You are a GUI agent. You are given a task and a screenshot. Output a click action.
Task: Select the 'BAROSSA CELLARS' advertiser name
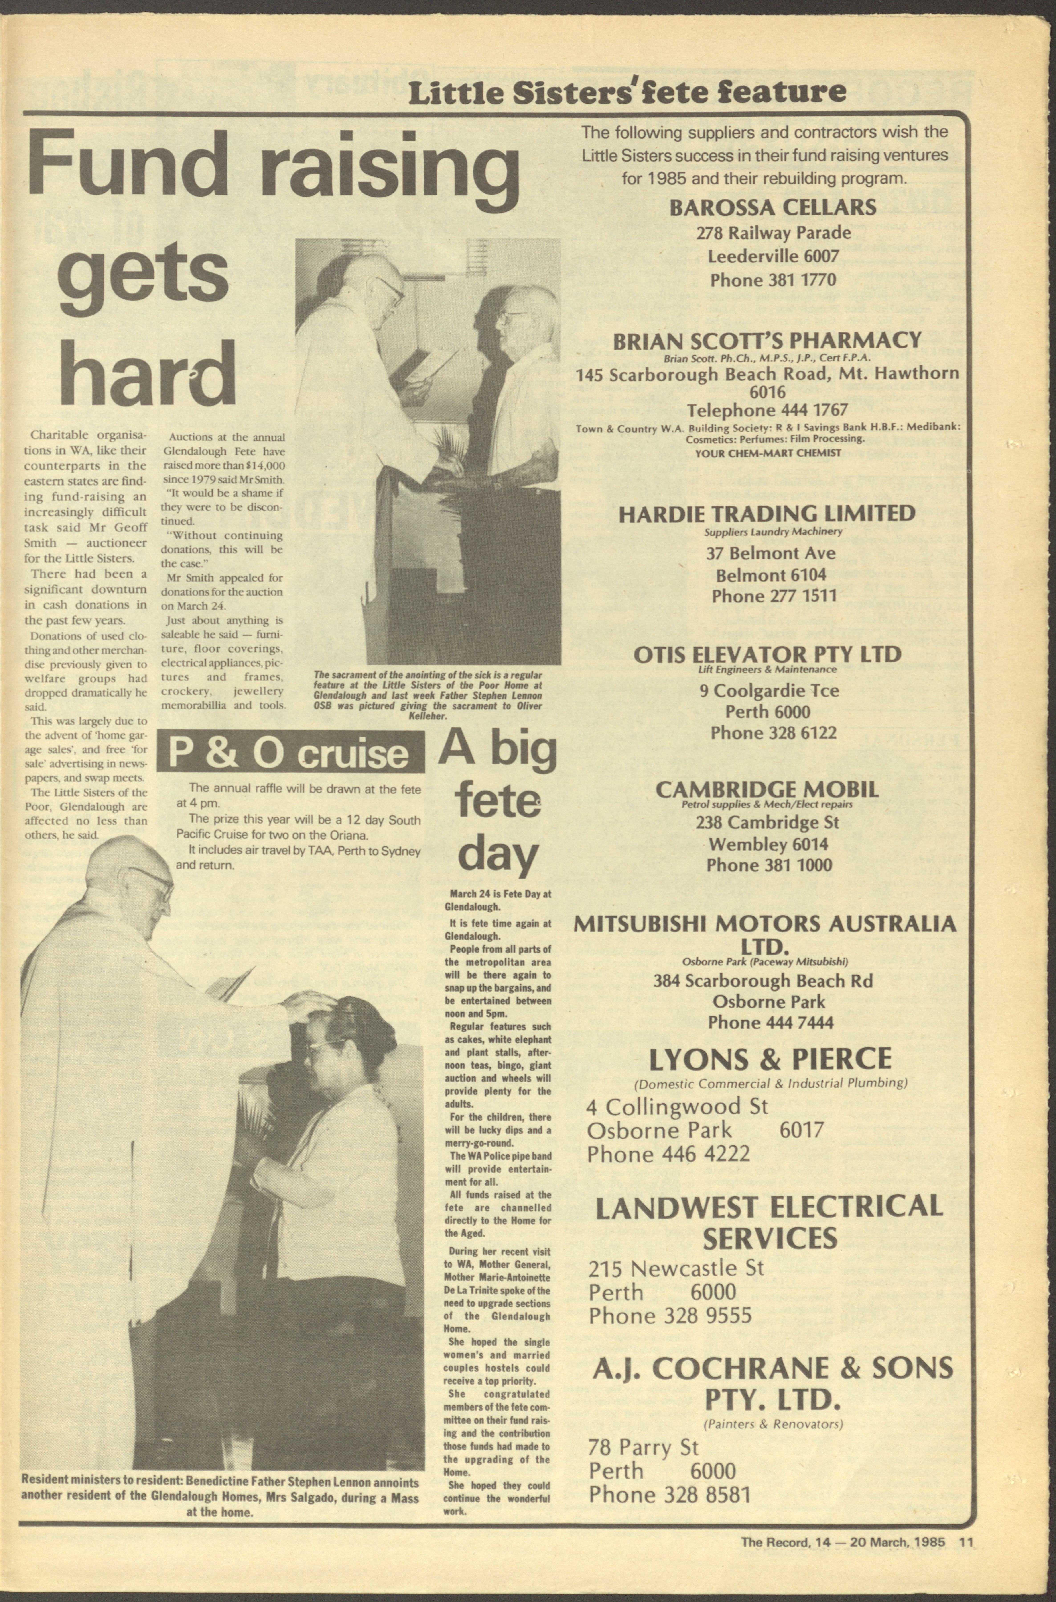(772, 207)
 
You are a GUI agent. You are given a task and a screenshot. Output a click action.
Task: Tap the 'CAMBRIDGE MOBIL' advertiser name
(766, 789)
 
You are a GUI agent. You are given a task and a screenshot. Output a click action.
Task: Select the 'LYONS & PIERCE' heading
(770, 1059)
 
